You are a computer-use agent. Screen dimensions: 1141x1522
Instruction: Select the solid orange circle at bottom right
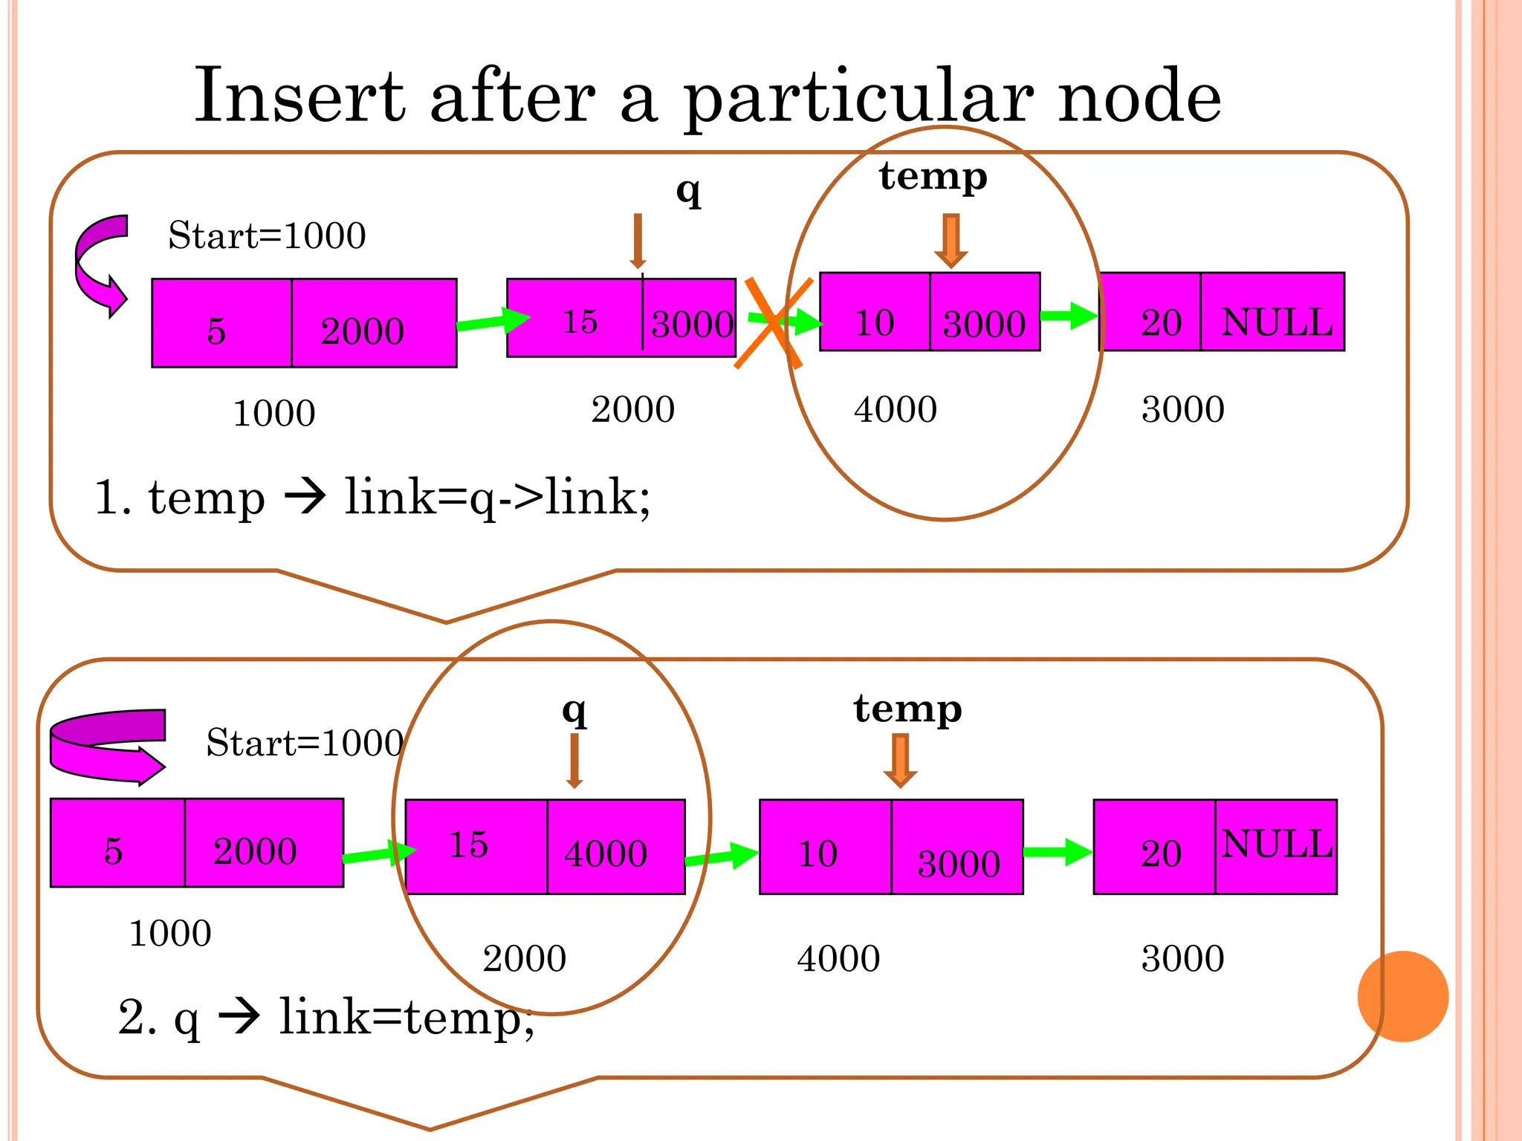[x=1402, y=996]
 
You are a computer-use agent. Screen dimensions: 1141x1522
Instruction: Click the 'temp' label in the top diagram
[x=933, y=177]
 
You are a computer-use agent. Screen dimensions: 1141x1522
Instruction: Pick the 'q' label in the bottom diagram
[x=574, y=711]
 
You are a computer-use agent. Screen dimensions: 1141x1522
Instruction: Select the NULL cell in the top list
[x=1272, y=312]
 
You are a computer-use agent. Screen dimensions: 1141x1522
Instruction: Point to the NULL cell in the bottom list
[x=1276, y=847]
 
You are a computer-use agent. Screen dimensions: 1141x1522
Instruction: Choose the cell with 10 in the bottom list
[x=825, y=847]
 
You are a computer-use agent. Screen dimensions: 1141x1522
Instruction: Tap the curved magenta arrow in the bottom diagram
[x=107, y=747]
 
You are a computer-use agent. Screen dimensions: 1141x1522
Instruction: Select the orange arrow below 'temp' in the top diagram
[x=951, y=240]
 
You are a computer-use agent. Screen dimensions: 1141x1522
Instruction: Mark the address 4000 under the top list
[x=896, y=409]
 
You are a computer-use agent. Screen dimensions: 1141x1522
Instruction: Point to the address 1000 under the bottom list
[x=170, y=934]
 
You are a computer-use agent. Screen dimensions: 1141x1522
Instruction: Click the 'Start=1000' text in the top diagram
[x=267, y=235]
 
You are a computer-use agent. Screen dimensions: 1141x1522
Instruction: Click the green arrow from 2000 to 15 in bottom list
[x=379, y=854]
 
